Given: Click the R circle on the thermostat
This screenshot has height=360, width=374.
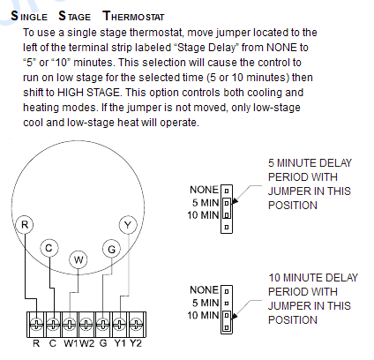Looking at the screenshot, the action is [25, 225].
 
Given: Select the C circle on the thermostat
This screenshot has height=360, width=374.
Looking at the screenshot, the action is [49, 248].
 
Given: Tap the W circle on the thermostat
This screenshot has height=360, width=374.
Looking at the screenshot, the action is [79, 259].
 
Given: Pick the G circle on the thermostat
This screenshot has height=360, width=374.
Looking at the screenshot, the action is [111, 249].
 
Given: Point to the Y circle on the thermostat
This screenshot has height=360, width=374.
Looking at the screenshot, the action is [128, 225].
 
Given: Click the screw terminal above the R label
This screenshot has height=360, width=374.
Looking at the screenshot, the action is [36, 325].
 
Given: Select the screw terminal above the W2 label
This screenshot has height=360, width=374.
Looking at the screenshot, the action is [86, 325].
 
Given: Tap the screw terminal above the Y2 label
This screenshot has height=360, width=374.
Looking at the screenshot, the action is [136, 325].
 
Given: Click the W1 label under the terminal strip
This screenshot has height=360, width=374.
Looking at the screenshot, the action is [71, 343].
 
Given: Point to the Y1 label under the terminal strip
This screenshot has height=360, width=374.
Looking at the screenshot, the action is [120, 343].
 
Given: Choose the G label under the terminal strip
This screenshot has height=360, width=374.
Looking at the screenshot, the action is [103, 343].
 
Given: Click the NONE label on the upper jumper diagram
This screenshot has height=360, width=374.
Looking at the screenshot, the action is [205, 190].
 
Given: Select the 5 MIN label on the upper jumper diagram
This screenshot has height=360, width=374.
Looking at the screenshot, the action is [206, 203].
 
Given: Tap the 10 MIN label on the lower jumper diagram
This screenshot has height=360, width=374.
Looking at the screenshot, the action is [204, 315].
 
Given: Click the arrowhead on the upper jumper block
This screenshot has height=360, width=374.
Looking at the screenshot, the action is [235, 201].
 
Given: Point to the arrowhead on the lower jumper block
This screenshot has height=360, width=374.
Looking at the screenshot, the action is [235, 316].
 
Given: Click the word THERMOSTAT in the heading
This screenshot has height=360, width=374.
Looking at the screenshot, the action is [133, 16].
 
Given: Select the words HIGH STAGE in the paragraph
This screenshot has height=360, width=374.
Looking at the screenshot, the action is [88, 93].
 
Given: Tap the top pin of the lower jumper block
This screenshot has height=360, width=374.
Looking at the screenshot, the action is [227, 291].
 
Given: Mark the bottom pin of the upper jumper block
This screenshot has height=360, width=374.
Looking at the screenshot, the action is [227, 227].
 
